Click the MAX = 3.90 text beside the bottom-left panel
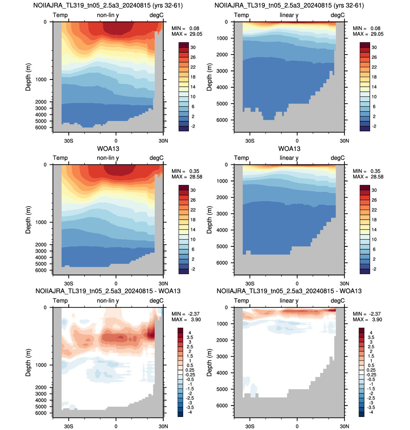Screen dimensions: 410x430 [x=186, y=319]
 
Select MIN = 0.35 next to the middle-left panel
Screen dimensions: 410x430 [x=185, y=171]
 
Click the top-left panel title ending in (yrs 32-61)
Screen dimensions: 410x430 [x=108, y=5]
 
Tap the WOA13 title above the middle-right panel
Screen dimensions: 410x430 [x=289, y=149]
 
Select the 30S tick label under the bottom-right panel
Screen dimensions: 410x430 [x=250, y=426]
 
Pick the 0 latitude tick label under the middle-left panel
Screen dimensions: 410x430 [x=116, y=284]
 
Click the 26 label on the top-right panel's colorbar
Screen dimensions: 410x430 [x=374, y=57]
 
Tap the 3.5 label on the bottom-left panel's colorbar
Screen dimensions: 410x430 [x=190, y=338]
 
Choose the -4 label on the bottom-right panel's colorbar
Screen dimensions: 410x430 [x=371, y=412]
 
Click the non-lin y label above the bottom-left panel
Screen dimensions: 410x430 [x=108, y=301]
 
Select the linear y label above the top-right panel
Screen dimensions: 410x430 [x=289, y=15]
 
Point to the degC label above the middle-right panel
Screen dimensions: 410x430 [x=338, y=158]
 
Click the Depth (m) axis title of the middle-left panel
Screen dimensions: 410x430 [x=28, y=220]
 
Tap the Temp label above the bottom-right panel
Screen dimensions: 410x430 [x=241, y=301]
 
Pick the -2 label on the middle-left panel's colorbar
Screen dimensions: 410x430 [x=193, y=269]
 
